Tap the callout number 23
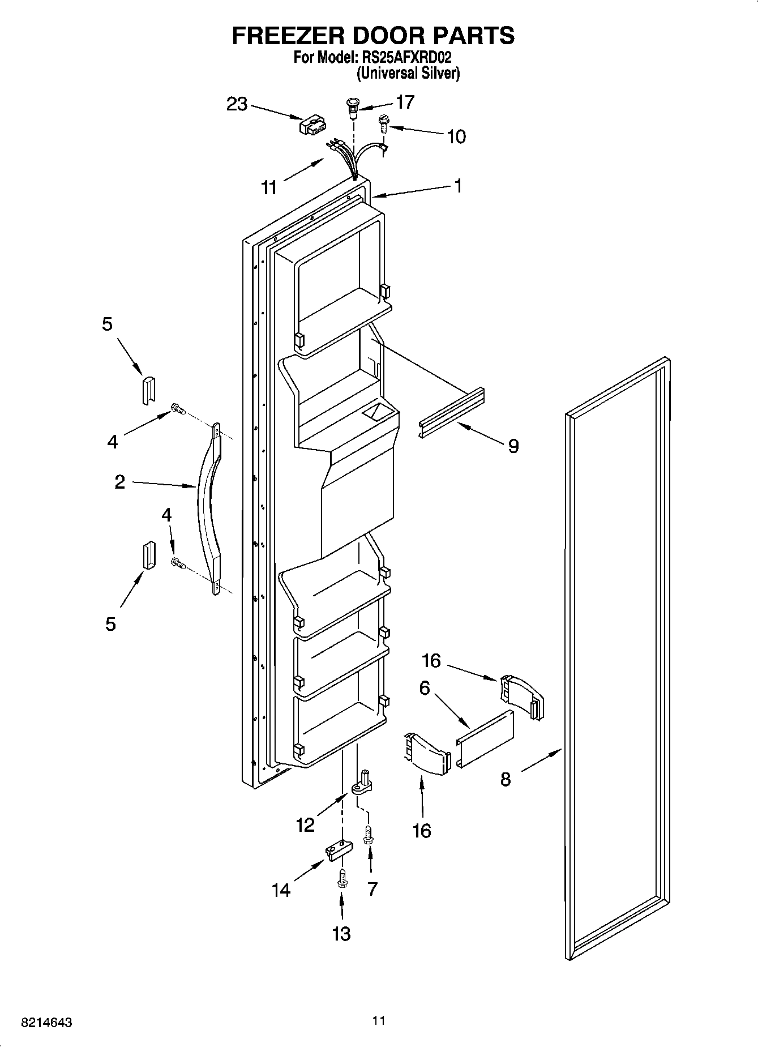pos(237,104)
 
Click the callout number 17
pos(405,102)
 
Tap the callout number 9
pos(513,446)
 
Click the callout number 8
pos(505,779)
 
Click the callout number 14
pos(281,890)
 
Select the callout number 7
pos(371,888)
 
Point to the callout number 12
pos(305,824)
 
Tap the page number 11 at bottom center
pos(378,1020)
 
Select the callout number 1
pos(458,185)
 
